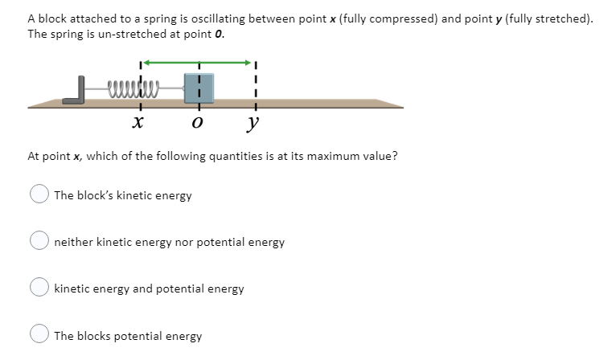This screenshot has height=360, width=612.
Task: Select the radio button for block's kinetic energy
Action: pos(39,195)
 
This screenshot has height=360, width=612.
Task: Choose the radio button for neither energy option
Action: pos(39,241)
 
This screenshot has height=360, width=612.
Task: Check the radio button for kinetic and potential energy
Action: pos(39,288)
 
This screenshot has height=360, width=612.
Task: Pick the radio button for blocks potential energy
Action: pos(39,335)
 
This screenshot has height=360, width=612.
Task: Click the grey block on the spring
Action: pos(199,88)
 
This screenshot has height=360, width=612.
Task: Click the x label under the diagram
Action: pos(138,123)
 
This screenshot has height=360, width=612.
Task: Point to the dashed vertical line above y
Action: pos(256,80)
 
